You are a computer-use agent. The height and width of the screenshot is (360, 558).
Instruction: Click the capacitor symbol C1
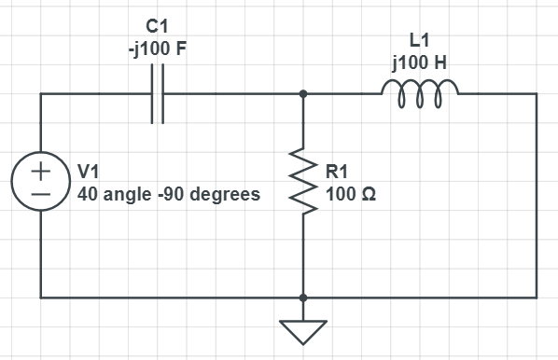[x=159, y=94]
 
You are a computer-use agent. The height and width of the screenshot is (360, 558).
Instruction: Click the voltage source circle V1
[x=42, y=183]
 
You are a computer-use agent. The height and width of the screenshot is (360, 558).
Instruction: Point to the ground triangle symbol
[x=303, y=330]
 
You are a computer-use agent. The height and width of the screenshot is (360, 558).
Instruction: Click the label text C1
[x=157, y=26]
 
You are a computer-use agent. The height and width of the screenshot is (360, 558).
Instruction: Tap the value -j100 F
[x=157, y=48]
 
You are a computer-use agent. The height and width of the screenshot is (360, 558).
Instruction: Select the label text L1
[x=420, y=41]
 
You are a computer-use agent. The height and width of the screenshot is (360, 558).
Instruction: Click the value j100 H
[x=420, y=63]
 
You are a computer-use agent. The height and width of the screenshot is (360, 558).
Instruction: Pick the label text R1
[x=338, y=172]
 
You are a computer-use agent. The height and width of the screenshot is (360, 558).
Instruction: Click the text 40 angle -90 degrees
[x=168, y=195]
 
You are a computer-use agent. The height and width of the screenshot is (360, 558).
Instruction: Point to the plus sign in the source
[x=42, y=173]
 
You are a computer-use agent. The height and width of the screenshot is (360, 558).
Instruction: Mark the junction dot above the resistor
[x=303, y=94]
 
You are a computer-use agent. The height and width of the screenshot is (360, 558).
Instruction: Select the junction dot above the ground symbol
[x=303, y=298]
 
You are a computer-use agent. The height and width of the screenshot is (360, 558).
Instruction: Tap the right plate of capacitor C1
[x=164, y=94]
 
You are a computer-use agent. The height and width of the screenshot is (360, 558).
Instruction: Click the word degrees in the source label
[x=228, y=196]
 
